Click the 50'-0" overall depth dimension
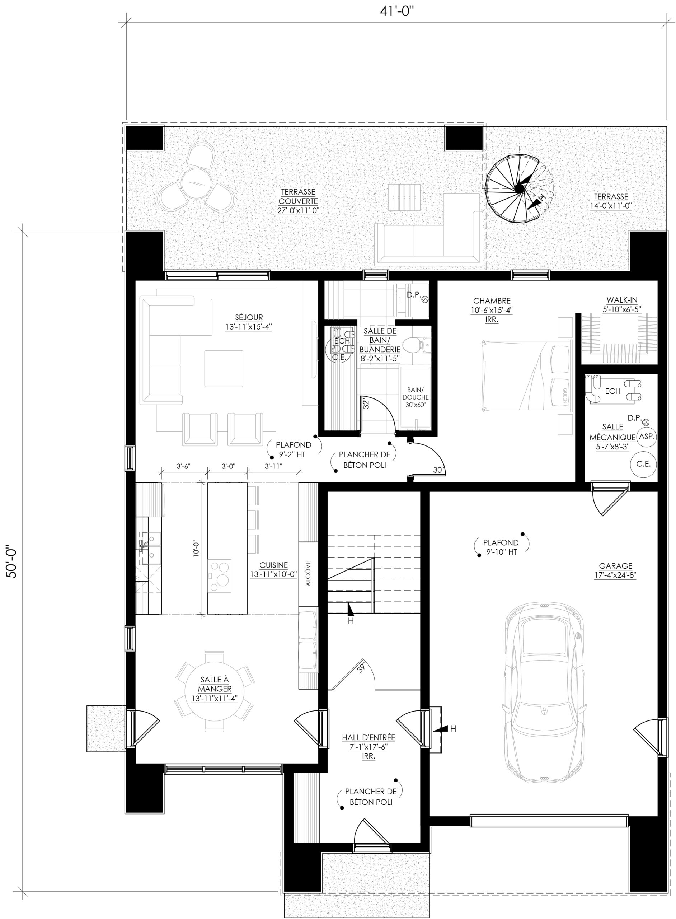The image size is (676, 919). pos(11,560)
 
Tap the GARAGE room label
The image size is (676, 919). pos(616,566)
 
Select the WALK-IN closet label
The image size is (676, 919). pos(622,300)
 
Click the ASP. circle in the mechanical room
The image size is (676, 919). pos(647,437)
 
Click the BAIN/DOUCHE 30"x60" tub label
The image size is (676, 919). pos(416,397)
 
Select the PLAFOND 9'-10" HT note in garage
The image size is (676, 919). pos(501,547)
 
